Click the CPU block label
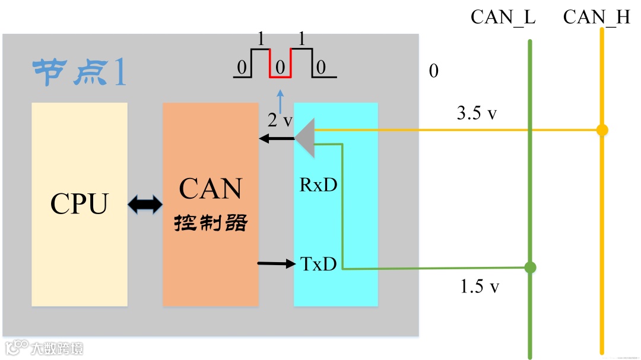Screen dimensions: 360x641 pyautogui.click(x=79, y=204)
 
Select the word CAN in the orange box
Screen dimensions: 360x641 pyautogui.click(x=211, y=189)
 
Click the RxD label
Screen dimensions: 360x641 pyautogui.click(x=318, y=185)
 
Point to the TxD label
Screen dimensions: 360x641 pyautogui.click(x=319, y=264)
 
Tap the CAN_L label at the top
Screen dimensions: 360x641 pyautogui.click(x=503, y=17)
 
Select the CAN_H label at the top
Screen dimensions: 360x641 pyautogui.click(x=596, y=17)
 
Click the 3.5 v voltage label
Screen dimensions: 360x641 pyautogui.click(x=477, y=113)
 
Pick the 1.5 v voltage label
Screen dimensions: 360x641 pyautogui.click(x=480, y=286)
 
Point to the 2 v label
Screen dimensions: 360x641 pyautogui.click(x=280, y=120)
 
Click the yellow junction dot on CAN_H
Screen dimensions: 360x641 pyautogui.click(x=602, y=130)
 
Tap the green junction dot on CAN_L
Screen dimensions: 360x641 pyautogui.click(x=530, y=267)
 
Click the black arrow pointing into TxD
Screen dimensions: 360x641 pyautogui.click(x=277, y=262)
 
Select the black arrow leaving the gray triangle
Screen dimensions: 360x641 pyautogui.click(x=277, y=139)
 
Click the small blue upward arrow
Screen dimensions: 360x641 pyautogui.click(x=281, y=98)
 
